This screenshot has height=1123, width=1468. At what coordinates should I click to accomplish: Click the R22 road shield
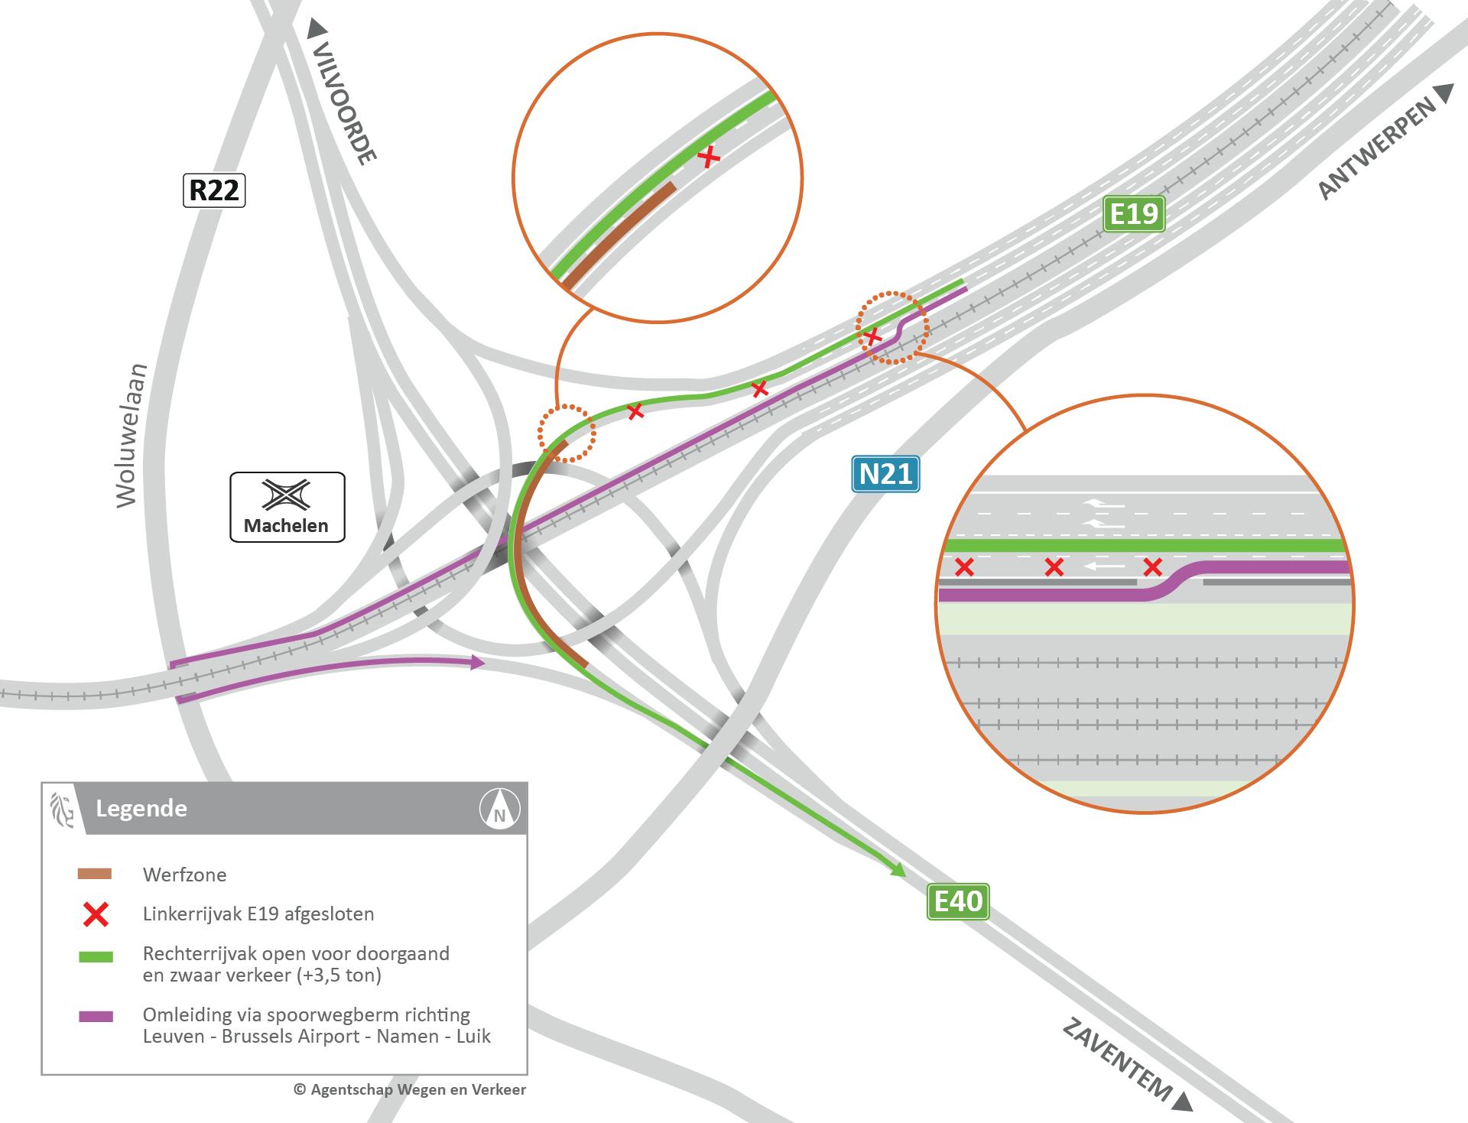214,190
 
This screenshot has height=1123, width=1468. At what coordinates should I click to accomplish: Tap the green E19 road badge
1134,214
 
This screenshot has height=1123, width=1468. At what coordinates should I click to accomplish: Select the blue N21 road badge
885,474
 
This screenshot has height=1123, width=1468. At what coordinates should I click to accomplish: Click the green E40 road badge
958,901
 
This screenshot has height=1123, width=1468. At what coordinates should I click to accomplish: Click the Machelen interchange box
287,507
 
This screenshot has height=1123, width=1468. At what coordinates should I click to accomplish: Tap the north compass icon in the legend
500,809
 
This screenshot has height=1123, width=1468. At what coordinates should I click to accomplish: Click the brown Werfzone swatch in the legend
95,875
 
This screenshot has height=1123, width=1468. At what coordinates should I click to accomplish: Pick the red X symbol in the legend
96,914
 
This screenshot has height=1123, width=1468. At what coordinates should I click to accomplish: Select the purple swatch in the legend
95,1017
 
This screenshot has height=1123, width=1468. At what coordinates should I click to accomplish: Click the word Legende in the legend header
141,809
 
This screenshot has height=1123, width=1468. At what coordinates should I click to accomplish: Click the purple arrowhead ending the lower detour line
478,662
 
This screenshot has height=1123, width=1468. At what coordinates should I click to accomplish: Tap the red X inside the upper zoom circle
710,157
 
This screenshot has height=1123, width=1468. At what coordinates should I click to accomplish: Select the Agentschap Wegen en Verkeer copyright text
410,1089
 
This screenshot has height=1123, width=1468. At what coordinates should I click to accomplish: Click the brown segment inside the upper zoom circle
619,235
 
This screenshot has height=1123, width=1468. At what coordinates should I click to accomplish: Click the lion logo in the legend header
61,809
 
